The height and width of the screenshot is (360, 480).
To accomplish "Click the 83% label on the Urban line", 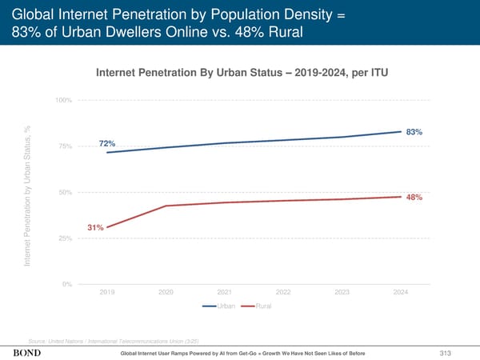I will pos(414,132).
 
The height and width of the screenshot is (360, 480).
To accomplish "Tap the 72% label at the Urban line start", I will pos(107,143).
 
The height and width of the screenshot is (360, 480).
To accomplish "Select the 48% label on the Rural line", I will pos(414,198).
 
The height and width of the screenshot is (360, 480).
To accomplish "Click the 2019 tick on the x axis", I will pos(107,292).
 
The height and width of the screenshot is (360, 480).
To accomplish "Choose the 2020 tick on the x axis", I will pos(166,292).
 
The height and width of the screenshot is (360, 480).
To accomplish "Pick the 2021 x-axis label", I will pos(225,292).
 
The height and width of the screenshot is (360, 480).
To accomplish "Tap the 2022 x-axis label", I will pos(283,292).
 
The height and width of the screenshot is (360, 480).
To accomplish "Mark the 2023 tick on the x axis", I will pos(342,292).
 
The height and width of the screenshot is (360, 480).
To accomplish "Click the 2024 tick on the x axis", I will pos(401,292).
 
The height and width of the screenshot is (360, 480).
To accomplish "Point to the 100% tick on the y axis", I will pos(64,100).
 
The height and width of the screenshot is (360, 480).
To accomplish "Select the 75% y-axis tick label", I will pos(66,146).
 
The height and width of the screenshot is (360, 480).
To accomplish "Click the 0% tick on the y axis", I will pos(67,285).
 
